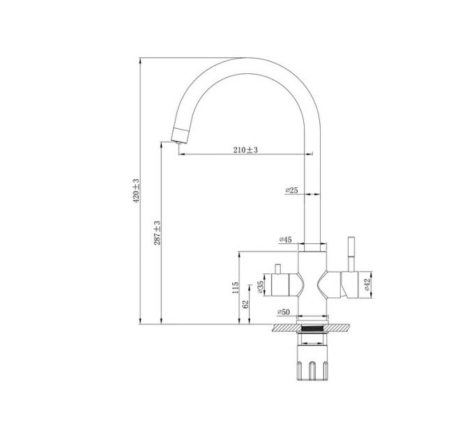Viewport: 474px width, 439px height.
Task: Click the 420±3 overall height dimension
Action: pos(137,190)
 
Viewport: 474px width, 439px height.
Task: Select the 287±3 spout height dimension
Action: pos(158,232)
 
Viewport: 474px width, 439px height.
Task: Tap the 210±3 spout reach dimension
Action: pos(245,150)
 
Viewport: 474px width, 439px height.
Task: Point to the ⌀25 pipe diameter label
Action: pos(292,190)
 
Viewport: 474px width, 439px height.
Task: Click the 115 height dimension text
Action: pos(236,287)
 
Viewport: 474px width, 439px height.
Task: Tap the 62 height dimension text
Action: pos(245,304)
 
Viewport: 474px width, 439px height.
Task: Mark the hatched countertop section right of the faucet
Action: pos(342,328)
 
